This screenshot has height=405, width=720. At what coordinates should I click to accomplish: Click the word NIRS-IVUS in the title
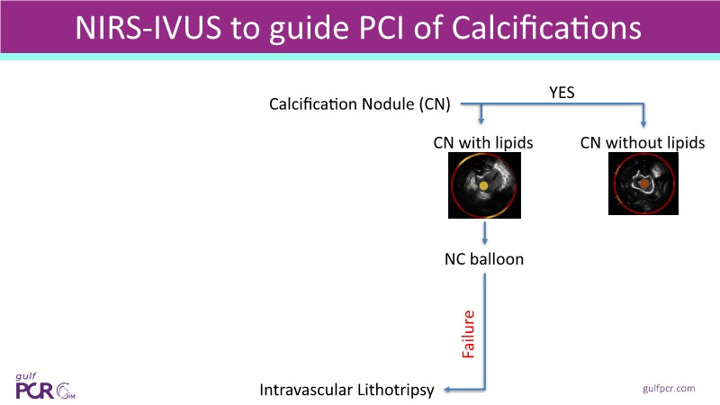148,28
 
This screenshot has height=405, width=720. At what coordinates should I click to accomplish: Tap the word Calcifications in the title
546,28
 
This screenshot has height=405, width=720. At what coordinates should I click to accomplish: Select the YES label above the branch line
562,93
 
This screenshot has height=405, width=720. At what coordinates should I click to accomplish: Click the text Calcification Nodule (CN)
359,104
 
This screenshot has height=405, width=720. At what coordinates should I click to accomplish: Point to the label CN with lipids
483,143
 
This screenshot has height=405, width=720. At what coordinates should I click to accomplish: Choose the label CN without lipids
643,143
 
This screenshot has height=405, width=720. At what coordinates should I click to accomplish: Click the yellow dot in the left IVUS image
483,186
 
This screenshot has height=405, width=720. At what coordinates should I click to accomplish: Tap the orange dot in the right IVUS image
644,184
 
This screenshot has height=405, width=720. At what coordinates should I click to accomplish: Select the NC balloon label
484,259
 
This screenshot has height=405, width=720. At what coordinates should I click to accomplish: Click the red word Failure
468,334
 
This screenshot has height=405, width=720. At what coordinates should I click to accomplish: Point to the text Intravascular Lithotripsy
346,390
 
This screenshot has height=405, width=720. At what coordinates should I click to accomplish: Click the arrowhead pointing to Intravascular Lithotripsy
447,390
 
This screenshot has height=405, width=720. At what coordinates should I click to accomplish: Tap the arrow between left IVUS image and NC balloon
484,233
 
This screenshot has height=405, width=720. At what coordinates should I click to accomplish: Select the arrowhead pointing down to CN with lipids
481,121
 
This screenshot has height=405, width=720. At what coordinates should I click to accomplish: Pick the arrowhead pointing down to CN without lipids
643,123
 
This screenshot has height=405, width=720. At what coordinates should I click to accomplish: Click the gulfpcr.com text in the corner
669,389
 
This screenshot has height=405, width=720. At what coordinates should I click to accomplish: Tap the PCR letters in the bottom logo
35,391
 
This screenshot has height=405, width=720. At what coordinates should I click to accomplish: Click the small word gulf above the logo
26,376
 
